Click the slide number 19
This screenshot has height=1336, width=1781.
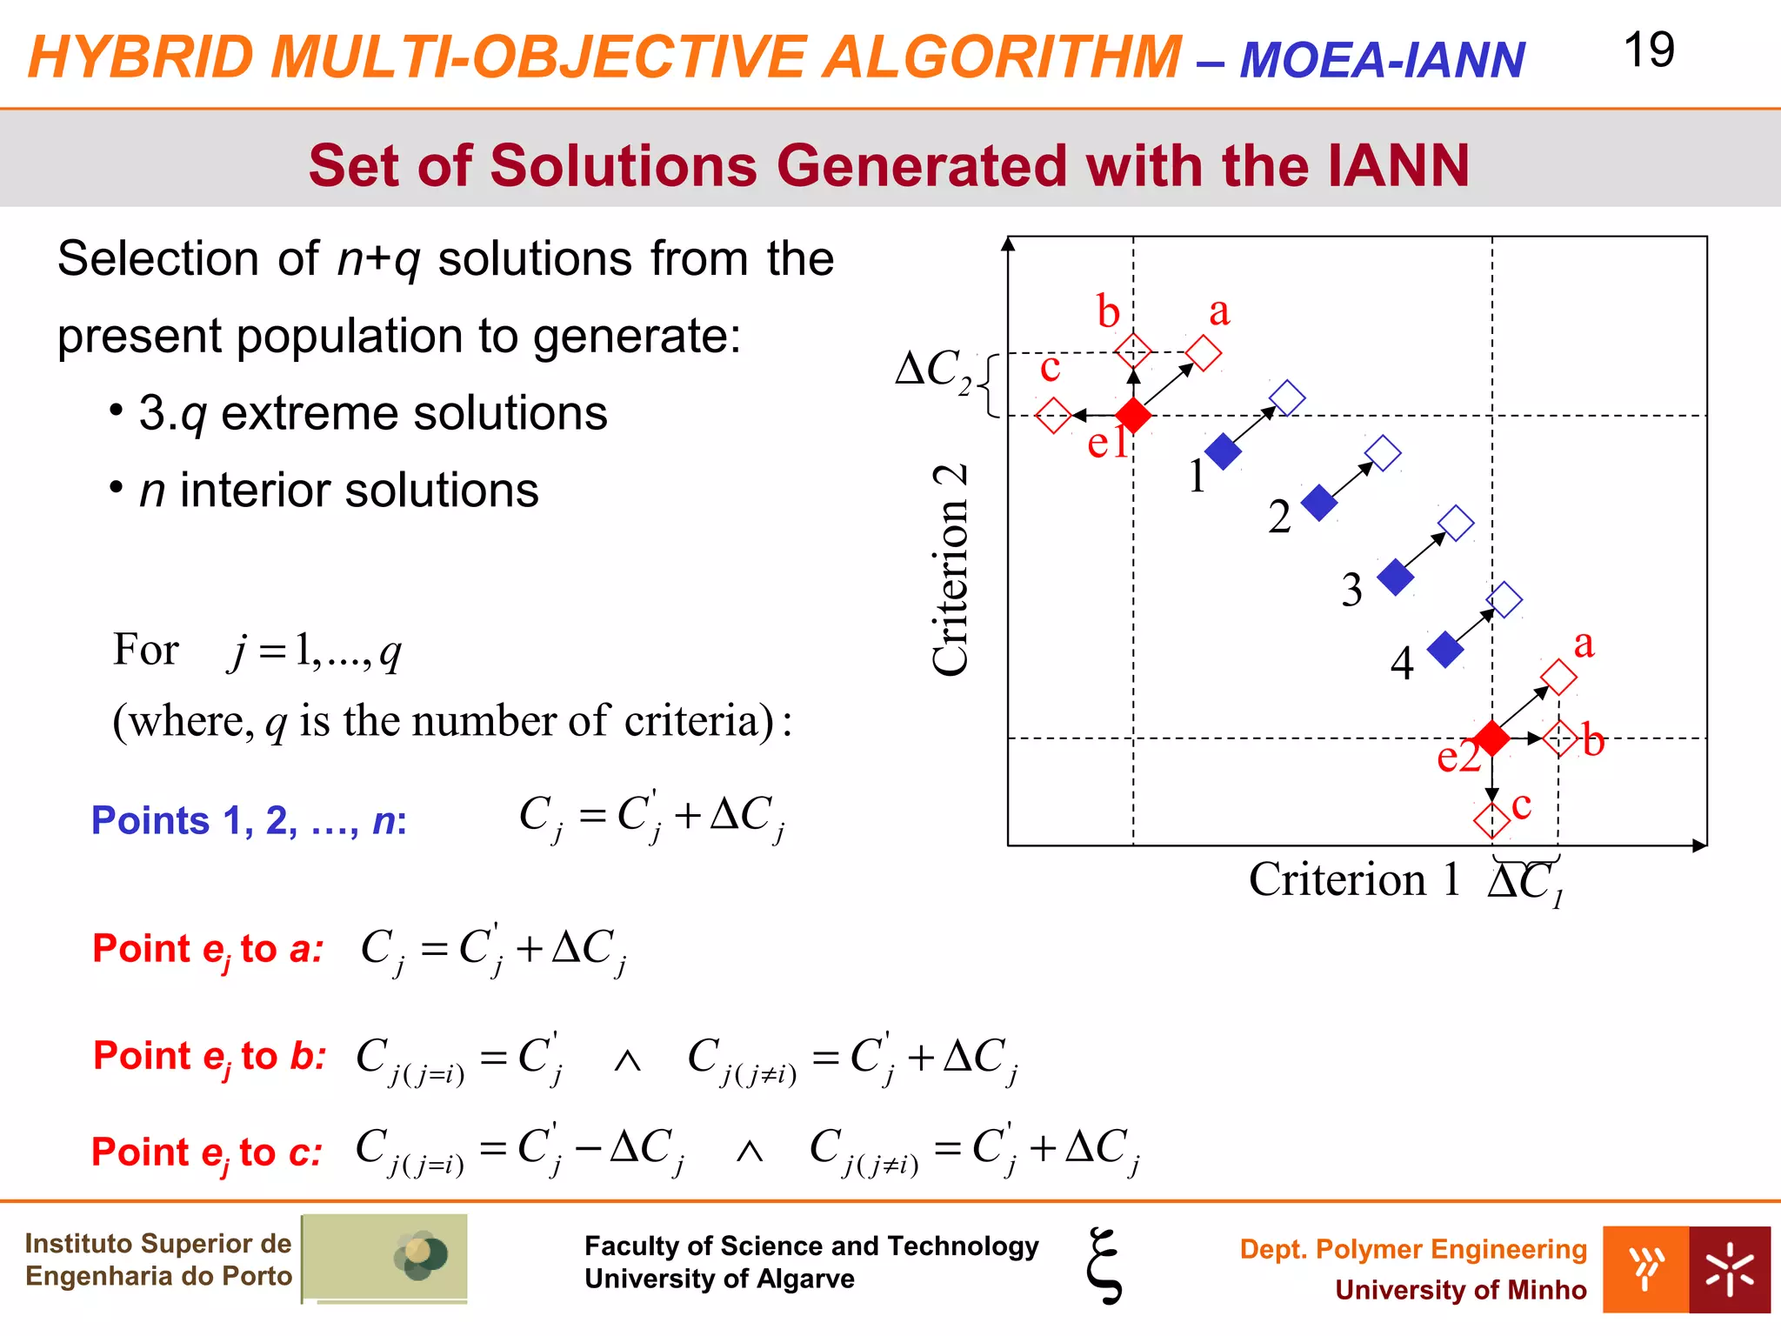tap(1648, 50)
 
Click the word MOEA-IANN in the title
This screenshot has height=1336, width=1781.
tap(1381, 60)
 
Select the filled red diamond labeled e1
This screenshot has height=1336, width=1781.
tap(1133, 416)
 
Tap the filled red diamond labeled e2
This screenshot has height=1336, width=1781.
tap(1492, 738)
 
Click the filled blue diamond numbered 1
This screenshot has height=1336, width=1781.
tap(1223, 451)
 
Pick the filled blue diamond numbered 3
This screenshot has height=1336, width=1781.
tap(1396, 578)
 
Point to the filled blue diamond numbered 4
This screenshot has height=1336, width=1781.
tap(1445, 650)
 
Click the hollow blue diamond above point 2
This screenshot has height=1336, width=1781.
tap(1383, 454)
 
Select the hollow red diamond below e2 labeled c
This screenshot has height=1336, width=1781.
tap(1491, 820)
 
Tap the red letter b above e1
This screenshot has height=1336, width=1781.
tap(1108, 312)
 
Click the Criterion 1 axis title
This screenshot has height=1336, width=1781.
tap(1354, 879)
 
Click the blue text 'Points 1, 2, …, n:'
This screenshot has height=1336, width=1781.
tap(249, 820)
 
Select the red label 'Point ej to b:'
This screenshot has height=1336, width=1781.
tap(210, 1056)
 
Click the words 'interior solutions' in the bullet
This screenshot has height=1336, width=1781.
tap(359, 491)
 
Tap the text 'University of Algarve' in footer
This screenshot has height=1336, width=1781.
tap(719, 1279)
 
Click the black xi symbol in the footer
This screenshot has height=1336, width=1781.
tap(1104, 1266)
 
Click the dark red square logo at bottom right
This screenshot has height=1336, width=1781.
tap(1729, 1269)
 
